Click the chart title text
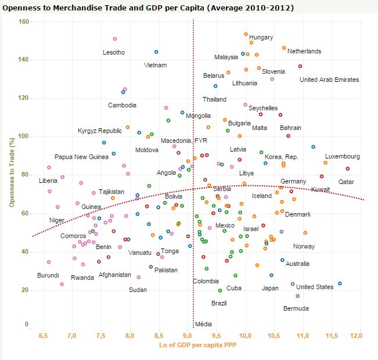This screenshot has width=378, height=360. [148, 8]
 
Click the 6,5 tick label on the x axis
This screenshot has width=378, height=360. [43, 336]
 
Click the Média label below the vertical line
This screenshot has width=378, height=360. [203, 324]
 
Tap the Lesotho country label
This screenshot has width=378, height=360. [114, 52]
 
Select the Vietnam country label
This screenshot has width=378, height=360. [155, 65]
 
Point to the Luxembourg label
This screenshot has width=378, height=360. [342, 156]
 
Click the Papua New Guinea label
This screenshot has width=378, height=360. [81, 157]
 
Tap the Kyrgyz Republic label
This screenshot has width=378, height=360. [100, 131]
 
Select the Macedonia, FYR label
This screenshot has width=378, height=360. [183, 141]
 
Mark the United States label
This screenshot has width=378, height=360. [315, 287]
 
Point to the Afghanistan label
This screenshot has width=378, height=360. [115, 275]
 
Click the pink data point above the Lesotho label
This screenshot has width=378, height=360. [115, 39]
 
